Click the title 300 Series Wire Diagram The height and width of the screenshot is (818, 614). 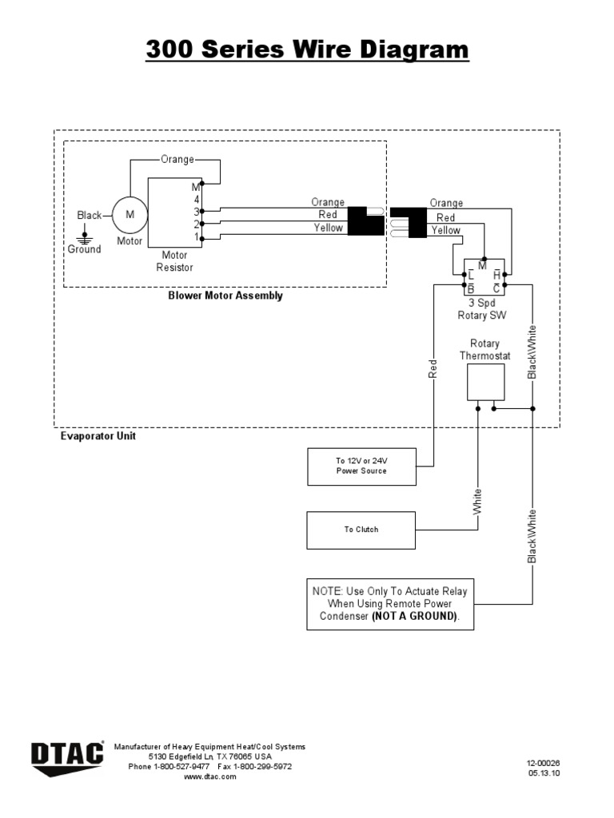pos(307,50)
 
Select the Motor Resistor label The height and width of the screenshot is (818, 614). pos(174,261)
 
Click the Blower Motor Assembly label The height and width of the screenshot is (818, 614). pos(225,296)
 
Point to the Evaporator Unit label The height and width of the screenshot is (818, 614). pos(98,437)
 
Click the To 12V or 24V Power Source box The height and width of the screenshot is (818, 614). pos(361,467)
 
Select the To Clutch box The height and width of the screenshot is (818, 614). pos(361,530)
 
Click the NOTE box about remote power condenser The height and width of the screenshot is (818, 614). pos(389,604)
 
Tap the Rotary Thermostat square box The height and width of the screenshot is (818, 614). pos(485,382)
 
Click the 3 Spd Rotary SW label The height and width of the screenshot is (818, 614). pos(483,309)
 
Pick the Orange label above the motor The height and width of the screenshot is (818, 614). pos(177,159)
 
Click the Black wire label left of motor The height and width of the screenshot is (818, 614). pos(90,215)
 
